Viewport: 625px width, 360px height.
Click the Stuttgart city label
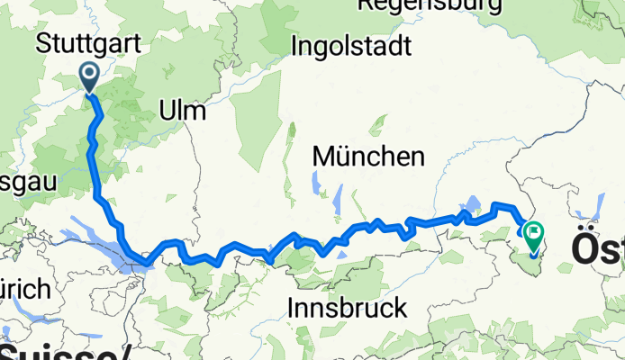pyautogui.click(x=82, y=42)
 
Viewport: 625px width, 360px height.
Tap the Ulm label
pyautogui.click(x=182, y=111)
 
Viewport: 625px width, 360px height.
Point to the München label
pyautogui.click(x=368, y=157)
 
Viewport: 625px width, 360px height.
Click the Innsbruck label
pyautogui.click(x=347, y=308)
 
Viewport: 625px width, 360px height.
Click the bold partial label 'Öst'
pyautogui.click(x=597, y=251)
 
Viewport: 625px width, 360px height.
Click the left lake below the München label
pyautogui.click(x=316, y=185)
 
